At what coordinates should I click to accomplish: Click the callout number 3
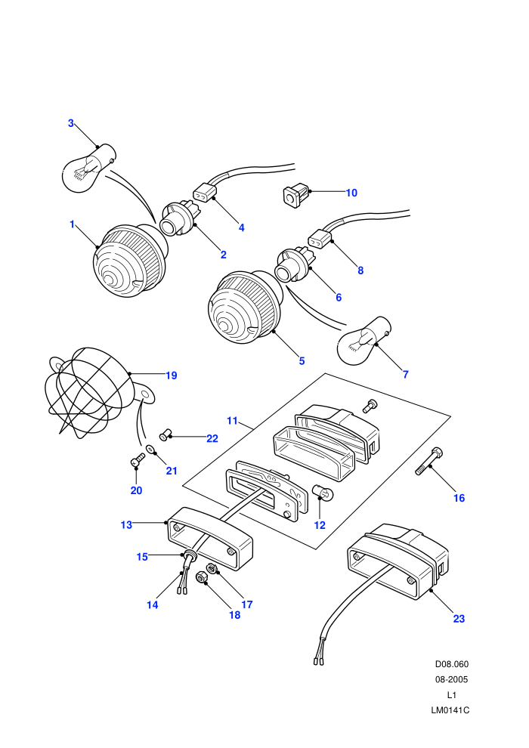pyautogui.click(x=70, y=123)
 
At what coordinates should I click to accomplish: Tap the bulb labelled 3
pyautogui.click(x=88, y=168)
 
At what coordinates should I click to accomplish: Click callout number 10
pyautogui.click(x=351, y=193)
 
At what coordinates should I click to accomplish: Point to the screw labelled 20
pyautogui.click(x=138, y=459)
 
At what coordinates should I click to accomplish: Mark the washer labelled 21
pyautogui.click(x=150, y=449)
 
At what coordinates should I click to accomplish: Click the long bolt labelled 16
pyautogui.click(x=429, y=461)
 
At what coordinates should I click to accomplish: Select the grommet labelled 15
pyautogui.click(x=190, y=556)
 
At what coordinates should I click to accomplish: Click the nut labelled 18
pyautogui.click(x=202, y=578)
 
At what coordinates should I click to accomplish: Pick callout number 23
pyautogui.click(x=459, y=619)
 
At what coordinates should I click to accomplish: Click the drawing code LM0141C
pyautogui.click(x=450, y=710)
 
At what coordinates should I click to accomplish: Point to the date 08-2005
pyautogui.click(x=451, y=679)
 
